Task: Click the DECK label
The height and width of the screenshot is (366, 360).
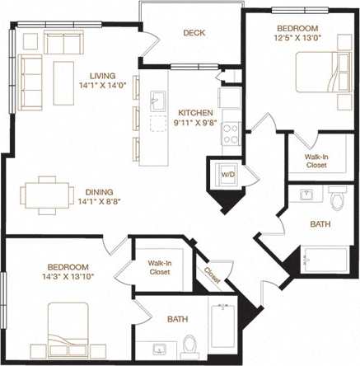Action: pos(194,33)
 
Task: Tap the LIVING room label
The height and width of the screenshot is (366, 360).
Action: pos(98,74)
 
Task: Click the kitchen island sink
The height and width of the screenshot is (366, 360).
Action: pos(156,102)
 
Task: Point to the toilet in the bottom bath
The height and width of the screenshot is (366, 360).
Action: pos(189,343)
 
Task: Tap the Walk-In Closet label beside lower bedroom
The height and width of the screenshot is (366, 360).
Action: pos(159,268)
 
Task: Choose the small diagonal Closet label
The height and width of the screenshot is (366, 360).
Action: pos(212,277)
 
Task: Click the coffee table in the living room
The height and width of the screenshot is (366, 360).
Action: pos(63,71)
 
